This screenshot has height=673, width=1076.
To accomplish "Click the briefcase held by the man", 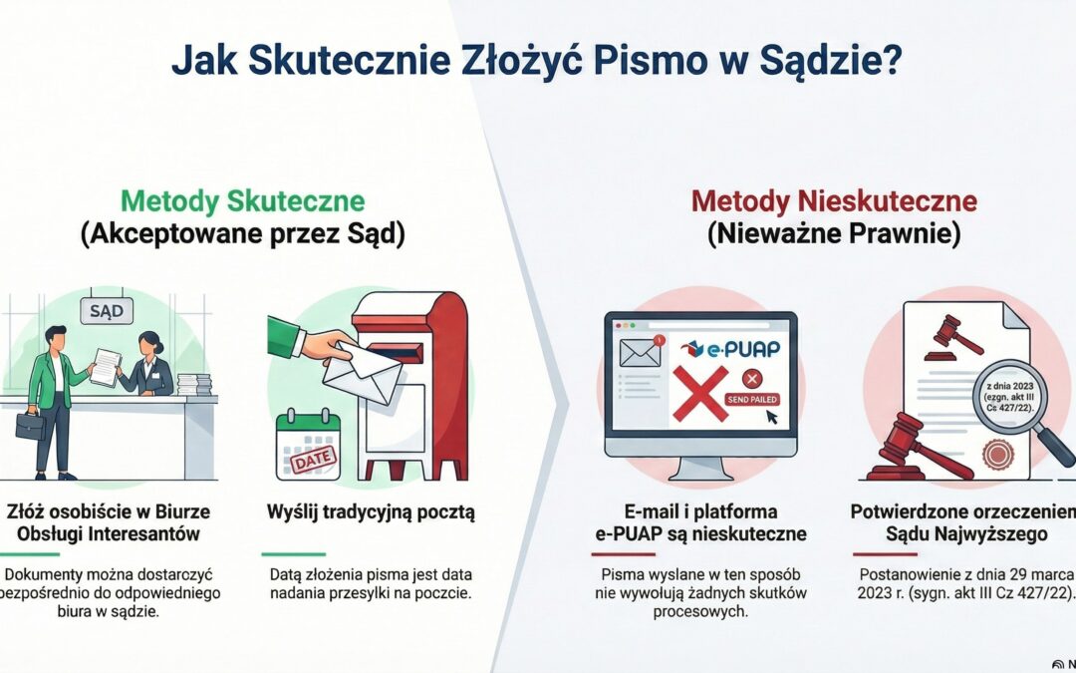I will click(x=31, y=426).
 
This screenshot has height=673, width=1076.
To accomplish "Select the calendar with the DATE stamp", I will click(x=308, y=446).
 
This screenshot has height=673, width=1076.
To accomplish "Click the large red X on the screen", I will click(x=699, y=392).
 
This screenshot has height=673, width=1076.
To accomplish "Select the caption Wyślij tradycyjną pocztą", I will click(x=371, y=512).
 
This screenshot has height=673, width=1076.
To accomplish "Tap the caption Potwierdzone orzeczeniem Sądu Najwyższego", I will click(x=961, y=523).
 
